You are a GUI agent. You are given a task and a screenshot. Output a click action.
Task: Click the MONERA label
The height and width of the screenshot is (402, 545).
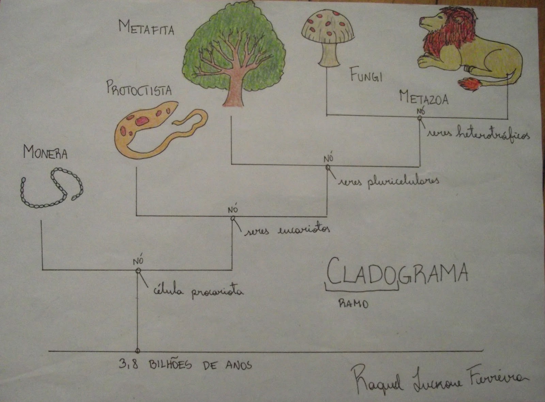[45, 153]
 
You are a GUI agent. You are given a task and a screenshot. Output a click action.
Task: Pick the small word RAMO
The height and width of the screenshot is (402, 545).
[353, 303]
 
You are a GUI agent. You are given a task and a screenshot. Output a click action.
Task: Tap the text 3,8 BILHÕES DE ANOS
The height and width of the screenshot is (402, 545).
[186, 365]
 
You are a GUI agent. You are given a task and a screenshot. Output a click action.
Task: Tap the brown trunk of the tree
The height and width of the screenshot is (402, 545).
[234, 92]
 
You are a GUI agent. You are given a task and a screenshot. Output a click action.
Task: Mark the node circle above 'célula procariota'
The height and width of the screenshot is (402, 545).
[138, 270]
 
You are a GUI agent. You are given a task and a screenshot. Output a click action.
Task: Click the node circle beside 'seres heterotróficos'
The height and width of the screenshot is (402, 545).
[420, 118]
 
